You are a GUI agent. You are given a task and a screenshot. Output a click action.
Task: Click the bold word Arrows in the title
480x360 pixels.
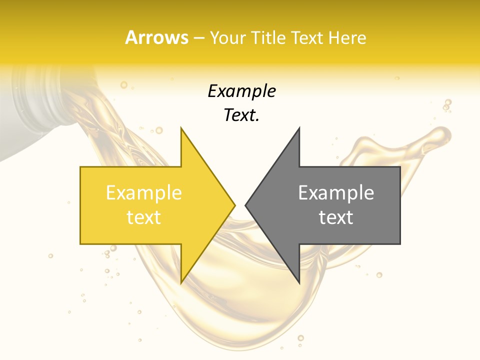point(157,37)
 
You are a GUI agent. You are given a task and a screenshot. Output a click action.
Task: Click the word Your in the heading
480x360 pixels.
point(227,38)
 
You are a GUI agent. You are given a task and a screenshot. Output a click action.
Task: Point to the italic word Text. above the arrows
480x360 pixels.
point(241,115)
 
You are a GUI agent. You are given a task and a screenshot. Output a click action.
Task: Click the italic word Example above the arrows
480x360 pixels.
point(241,91)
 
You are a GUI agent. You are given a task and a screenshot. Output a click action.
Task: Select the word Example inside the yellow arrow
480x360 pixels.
point(143,193)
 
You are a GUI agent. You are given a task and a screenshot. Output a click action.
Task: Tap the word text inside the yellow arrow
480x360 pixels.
point(143,217)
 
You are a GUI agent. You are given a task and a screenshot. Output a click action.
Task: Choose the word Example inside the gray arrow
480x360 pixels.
point(336,193)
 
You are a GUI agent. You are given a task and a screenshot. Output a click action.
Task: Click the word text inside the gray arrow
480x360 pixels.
point(336,217)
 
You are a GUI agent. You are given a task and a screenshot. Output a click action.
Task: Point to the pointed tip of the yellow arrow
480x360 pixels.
point(234,205)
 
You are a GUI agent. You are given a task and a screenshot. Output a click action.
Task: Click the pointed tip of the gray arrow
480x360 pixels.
point(246,205)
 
